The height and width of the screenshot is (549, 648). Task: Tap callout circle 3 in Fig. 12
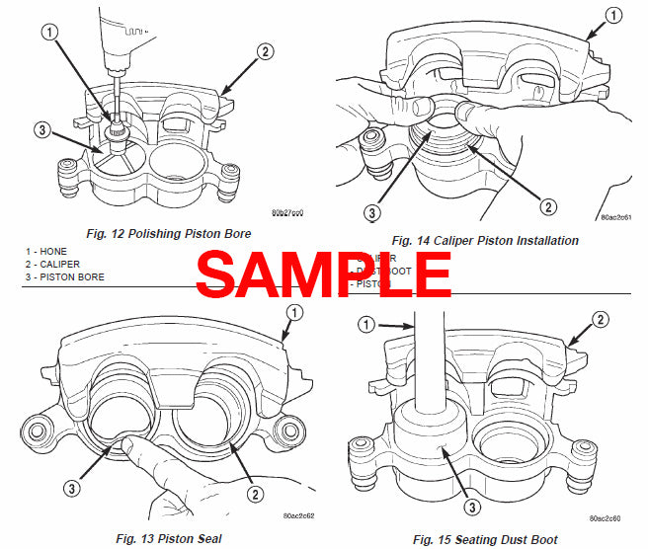(41, 129)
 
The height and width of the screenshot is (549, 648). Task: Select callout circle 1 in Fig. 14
(613, 16)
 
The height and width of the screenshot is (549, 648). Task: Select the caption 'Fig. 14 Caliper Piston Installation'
(485, 240)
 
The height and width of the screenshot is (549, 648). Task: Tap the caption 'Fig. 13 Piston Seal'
(170, 538)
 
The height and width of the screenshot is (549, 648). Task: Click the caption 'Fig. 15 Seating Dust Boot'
(485, 539)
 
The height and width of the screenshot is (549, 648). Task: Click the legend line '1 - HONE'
(46, 253)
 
